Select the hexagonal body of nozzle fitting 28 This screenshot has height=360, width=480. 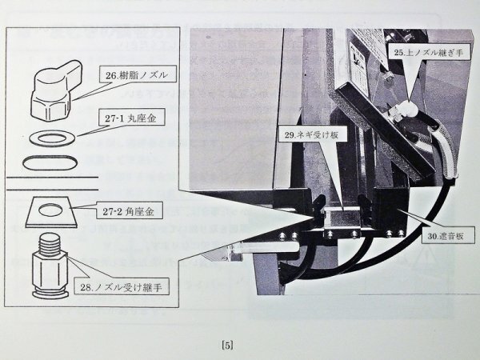pyautogui.click(x=52, y=266)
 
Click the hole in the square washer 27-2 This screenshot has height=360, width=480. pyautogui.click(x=52, y=210)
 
